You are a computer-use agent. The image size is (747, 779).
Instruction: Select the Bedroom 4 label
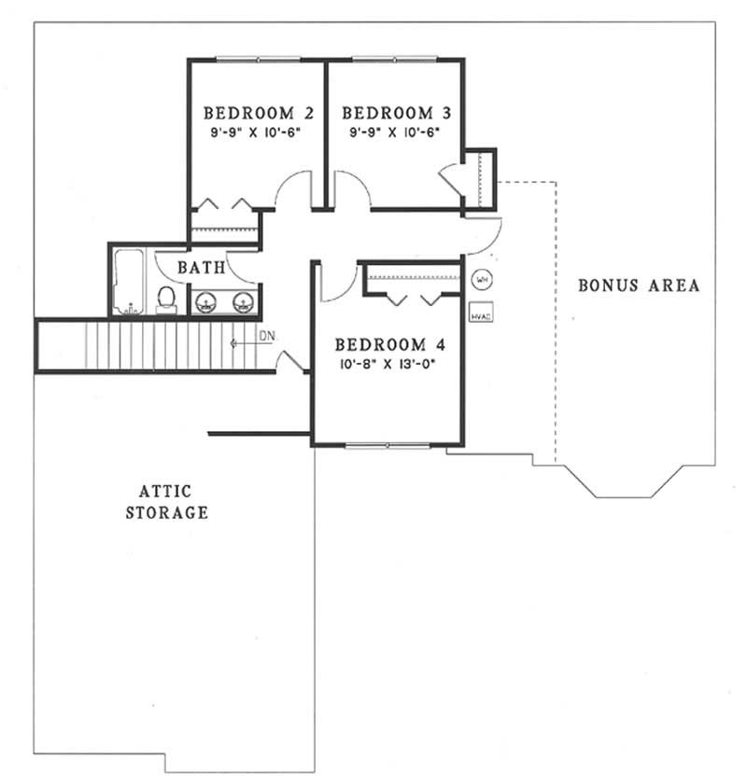pos(388,341)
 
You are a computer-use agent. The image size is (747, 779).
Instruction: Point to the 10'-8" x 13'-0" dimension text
pos(388,361)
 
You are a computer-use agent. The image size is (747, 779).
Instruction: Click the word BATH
pos(202,268)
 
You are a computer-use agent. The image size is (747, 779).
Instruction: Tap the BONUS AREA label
pos(638,285)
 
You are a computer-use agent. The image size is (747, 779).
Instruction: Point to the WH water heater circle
pos(481,279)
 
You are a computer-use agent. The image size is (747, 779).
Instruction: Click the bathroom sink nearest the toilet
pos(208,300)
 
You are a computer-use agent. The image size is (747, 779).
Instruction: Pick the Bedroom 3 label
pos(397,114)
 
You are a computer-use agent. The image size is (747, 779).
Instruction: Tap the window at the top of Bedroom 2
pos(259,60)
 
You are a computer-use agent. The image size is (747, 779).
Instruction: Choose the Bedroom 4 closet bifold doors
pos(412,297)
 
